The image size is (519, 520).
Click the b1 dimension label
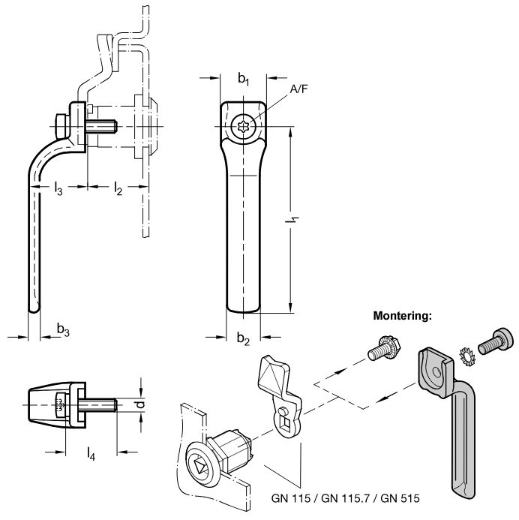coord(244,79)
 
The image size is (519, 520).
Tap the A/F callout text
coord(299,89)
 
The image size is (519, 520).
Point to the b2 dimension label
coord(243,338)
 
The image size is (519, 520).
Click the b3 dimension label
coord(63,329)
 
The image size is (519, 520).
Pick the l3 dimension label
coord(58,188)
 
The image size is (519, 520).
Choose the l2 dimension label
coord(118,188)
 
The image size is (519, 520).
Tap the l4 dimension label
coord(91,453)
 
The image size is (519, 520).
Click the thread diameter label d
coord(141,404)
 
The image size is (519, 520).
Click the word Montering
coord(403,316)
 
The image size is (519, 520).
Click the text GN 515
coord(400,498)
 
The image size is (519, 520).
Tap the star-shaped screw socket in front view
coord(243,126)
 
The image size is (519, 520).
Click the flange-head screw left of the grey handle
coord(385,348)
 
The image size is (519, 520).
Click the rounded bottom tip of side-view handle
coord(34,309)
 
